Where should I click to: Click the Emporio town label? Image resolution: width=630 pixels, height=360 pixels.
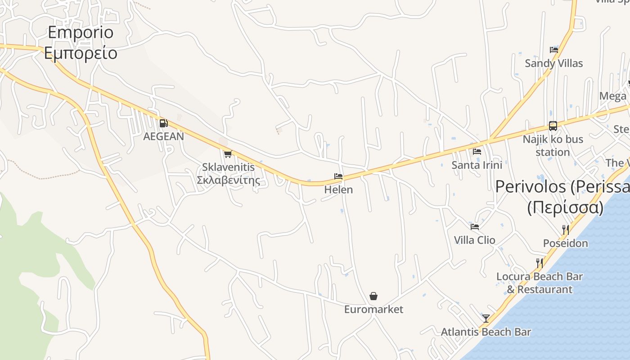(x=80, y=32)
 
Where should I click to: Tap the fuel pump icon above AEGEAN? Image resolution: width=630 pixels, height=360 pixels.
(x=163, y=123)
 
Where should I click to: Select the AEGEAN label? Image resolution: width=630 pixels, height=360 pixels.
(x=163, y=136)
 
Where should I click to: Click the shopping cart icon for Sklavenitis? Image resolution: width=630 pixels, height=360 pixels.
(x=228, y=154)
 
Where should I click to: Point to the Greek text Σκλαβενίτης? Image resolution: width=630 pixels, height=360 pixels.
(x=228, y=180)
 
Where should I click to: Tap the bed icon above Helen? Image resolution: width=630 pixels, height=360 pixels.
(x=338, y=176)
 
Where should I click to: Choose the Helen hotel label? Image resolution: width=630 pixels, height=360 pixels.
(x=338, y=189)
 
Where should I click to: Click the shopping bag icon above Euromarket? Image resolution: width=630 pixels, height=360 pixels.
(x=373, y=296)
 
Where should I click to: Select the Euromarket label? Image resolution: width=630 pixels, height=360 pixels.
(x=373, y=309)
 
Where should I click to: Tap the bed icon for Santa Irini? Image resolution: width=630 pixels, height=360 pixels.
(x=477, y=152)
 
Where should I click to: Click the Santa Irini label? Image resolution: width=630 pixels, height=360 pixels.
(x=477, y=165)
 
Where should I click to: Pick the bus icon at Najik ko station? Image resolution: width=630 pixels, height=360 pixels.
(x=553, y=126)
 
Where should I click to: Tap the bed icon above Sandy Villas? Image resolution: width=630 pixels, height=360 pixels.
(x=553, y=50)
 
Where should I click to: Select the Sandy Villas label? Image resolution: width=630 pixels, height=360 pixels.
(x=553, y=63)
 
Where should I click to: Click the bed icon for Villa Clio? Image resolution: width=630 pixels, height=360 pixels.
(x=474, y=227)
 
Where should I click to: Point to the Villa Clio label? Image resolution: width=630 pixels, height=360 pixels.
(x=474, y=240)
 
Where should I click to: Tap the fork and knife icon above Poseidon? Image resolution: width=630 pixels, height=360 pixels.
(x=565, y=230)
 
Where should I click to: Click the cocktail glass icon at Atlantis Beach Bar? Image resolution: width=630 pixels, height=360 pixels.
(x=486, y=319)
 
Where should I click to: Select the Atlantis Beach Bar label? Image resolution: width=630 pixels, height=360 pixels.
(x=486, y=332)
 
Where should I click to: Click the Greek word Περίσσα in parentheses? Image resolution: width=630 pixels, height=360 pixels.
(x=565, y=207)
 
